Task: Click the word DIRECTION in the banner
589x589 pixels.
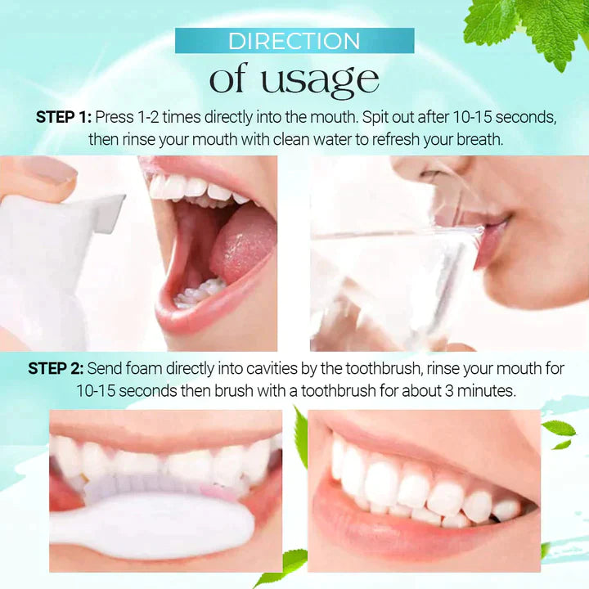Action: tap(294, 41)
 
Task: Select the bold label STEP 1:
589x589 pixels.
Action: tap(63, 117)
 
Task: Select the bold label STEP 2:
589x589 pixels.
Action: tap(55, 369)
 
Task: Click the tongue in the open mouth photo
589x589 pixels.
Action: tap(242, 241)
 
